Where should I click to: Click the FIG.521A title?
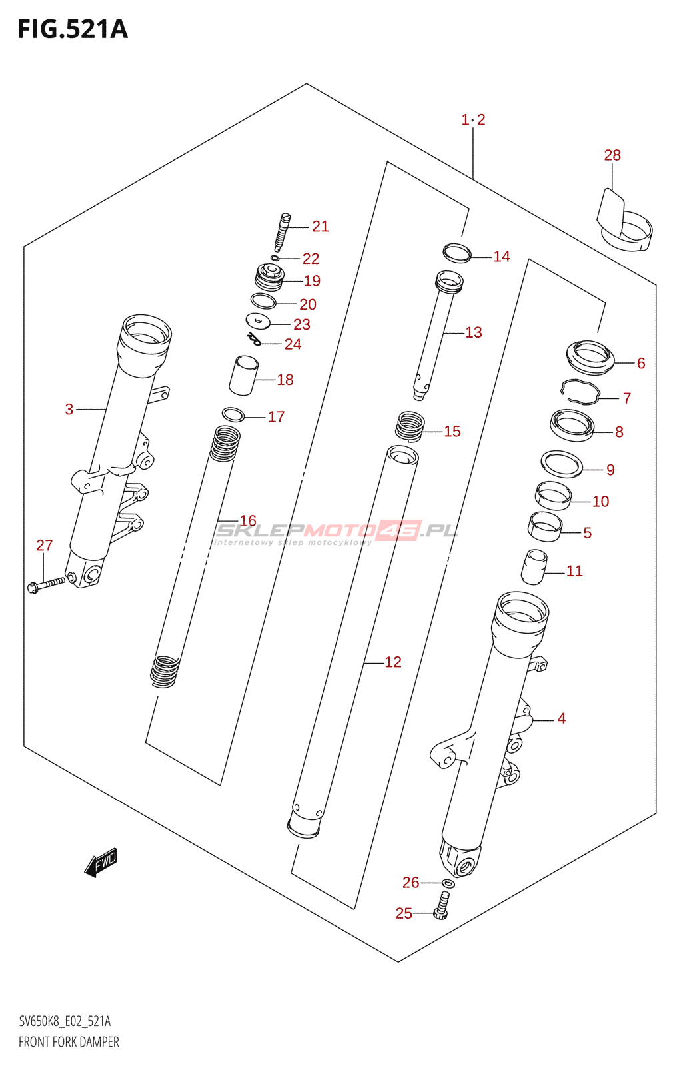(72, 29)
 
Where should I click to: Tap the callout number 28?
(612, 155)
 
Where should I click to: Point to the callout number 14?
(501, 257)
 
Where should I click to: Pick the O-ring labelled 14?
(457, 253)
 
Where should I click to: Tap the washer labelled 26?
(448, 883)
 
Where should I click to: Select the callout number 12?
(392, 662)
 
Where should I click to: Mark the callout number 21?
(320, 227)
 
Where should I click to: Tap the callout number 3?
(69, 409)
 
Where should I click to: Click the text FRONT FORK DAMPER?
(69, 1042)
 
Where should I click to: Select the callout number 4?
(561, 718)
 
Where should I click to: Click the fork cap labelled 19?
(270, 276)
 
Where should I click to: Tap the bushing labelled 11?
(534, 567)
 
